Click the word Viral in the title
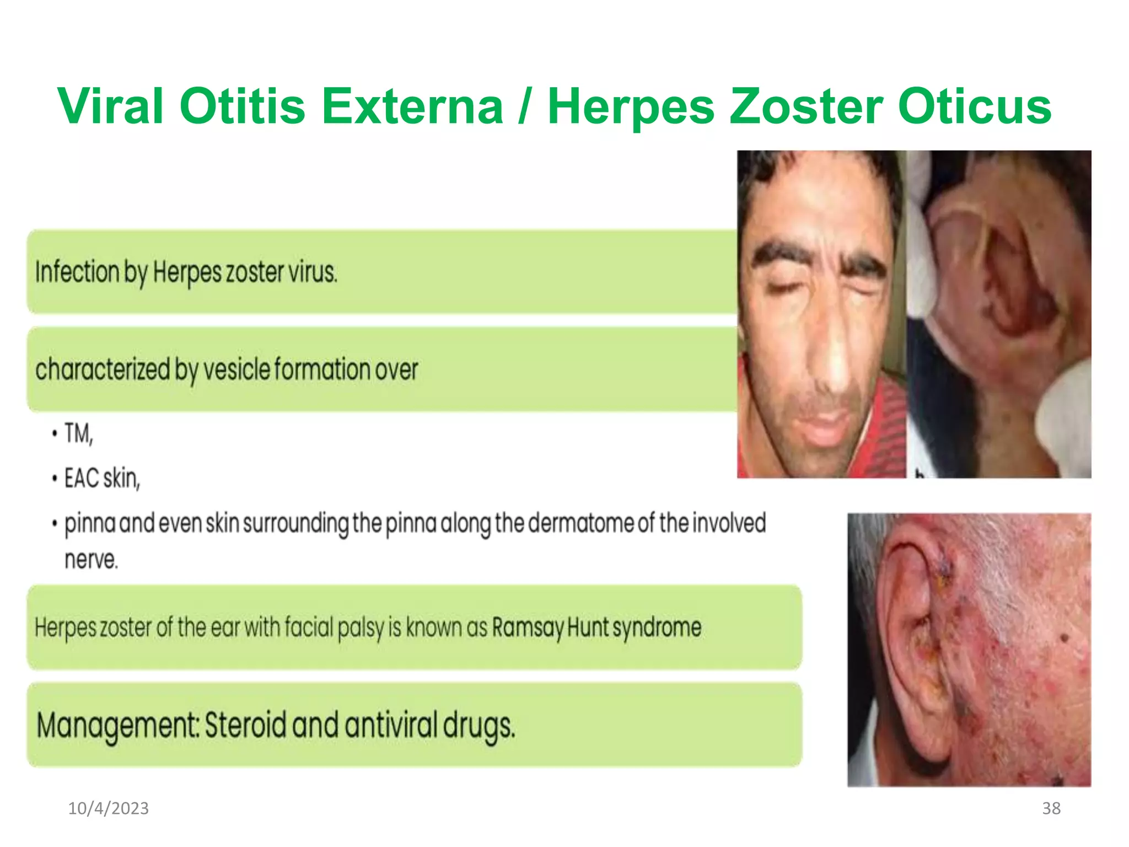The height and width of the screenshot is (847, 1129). click(x=110, y=106)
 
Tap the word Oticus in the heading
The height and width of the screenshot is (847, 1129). click(x=975, y=106)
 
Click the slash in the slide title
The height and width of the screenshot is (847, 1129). click(x=524, y=106)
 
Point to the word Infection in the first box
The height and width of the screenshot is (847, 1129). click(x=77, y=272)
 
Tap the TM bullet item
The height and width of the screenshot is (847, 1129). click(x=78, y=433)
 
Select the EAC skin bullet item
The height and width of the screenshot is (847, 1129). click(x=102, y=478)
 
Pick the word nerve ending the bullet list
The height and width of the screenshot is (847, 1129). click(x=91, y=560)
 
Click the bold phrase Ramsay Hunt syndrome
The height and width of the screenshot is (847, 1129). click(x=596, y=628)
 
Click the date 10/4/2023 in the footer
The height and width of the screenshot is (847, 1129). click(x=108, y=808)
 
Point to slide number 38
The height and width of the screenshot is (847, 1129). click(x=1051, y=808)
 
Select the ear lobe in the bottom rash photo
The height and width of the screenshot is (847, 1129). click(x=932, y=739)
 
